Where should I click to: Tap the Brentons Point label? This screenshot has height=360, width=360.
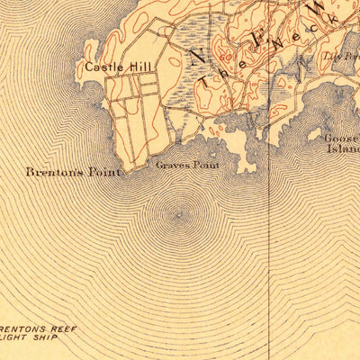[72, 171]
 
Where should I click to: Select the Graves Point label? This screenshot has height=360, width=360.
[181, 165]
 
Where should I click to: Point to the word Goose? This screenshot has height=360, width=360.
[343, 138]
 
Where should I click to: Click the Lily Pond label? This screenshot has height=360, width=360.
[342, 56]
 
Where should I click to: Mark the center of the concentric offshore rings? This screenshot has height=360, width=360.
[177, 214]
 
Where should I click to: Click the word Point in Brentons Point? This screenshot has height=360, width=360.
[103, 171]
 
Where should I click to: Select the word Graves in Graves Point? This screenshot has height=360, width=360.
[169, 165]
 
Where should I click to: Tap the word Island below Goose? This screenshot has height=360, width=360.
[346, 148]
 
